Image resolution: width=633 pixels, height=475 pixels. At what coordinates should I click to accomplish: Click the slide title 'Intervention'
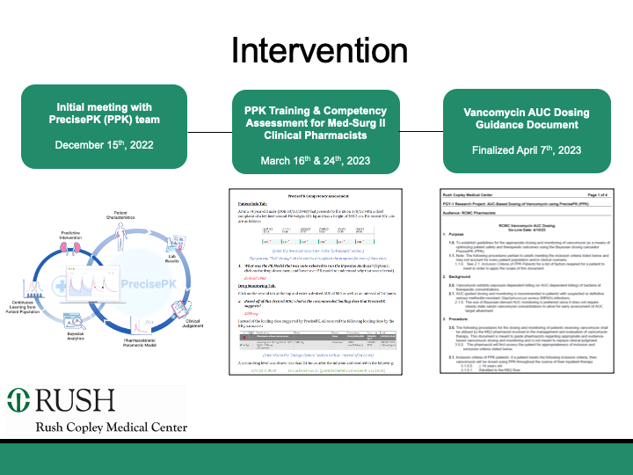tap(316, 50)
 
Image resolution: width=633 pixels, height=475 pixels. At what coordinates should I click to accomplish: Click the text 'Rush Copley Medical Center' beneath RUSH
tap(111, 427)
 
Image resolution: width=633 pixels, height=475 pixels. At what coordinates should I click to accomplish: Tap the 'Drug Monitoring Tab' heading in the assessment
tap(260, 286)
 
